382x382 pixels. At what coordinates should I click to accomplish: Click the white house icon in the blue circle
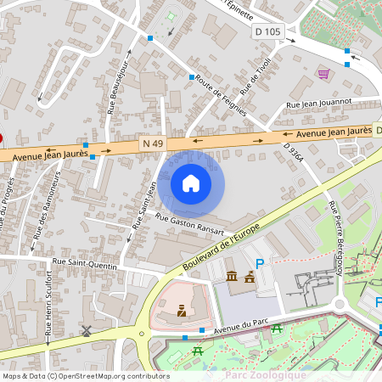coord(191,183)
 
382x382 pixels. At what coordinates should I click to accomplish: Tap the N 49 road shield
coord(153,144)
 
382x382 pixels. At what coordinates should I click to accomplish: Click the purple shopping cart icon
coord(323,74)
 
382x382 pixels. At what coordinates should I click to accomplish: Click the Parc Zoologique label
coord(265,374)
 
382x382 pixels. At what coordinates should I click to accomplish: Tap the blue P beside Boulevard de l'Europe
coord(261,265)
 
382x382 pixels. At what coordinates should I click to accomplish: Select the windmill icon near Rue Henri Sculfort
coord(86,330)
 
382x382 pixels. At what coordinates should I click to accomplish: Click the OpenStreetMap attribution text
coord(85,375)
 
